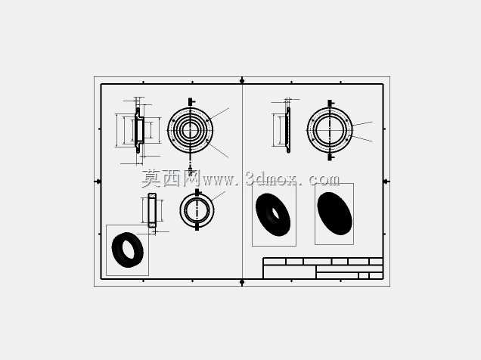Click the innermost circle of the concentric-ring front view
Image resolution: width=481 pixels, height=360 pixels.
pos(185,130)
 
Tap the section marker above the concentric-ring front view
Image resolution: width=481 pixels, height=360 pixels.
pos(191,101)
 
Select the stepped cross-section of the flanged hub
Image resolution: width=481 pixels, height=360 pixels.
pos(139,130)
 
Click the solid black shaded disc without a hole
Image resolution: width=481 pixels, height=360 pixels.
pos(335,213)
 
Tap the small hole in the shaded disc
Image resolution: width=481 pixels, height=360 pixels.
pos(275,214)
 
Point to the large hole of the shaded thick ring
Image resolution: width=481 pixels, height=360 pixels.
pos(127,249)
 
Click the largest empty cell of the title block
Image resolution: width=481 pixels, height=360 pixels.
pos(289,272)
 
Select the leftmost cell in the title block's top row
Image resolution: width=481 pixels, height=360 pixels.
pos(275,262)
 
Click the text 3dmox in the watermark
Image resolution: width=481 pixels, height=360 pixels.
pos(272,178)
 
